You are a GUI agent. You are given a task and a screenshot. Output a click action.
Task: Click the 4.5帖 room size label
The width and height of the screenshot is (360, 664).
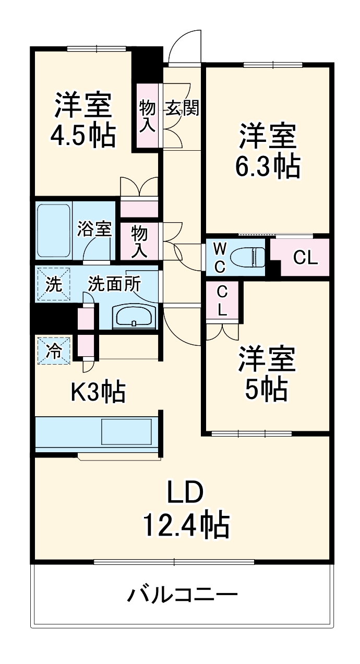pos(82,135)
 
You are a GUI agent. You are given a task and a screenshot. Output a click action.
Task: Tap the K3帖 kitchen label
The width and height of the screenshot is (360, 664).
pos(98,392)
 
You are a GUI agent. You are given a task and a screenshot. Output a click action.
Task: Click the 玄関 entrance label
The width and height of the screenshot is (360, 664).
pos(182,108)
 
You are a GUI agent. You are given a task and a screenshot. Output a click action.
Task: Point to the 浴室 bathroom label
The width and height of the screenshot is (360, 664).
pos(94,228)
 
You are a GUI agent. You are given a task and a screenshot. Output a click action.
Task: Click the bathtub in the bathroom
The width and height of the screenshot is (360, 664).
pos(54,230)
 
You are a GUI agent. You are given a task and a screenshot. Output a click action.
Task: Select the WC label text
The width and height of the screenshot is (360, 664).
pos(220,257)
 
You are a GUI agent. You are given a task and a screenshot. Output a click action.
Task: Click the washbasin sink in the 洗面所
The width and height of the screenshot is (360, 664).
pos(134,316)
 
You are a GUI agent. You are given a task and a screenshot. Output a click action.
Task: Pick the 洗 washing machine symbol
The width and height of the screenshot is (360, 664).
pos(53,284)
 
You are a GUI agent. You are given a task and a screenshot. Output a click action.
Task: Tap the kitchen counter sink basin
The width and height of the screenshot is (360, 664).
pos(126,430)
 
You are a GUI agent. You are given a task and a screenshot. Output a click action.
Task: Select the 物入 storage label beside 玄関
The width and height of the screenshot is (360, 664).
pos(147,116)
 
